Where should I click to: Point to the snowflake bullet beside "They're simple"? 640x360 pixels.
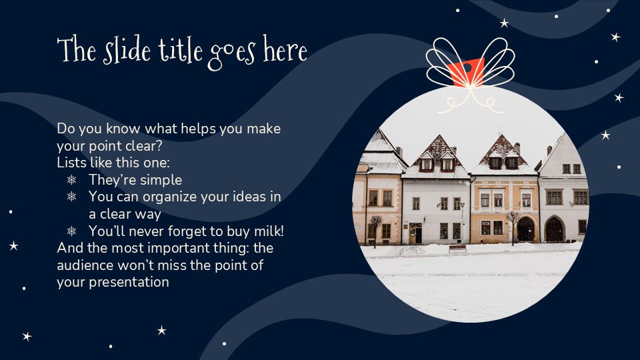pos(72,180)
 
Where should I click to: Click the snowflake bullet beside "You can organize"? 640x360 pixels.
pos(72,197)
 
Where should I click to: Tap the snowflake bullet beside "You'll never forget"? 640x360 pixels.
pos(72,231)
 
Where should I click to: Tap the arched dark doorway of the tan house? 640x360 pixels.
pos(526,229)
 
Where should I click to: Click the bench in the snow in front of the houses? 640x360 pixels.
pos(458,249)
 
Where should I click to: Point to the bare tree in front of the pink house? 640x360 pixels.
pos(377,227)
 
